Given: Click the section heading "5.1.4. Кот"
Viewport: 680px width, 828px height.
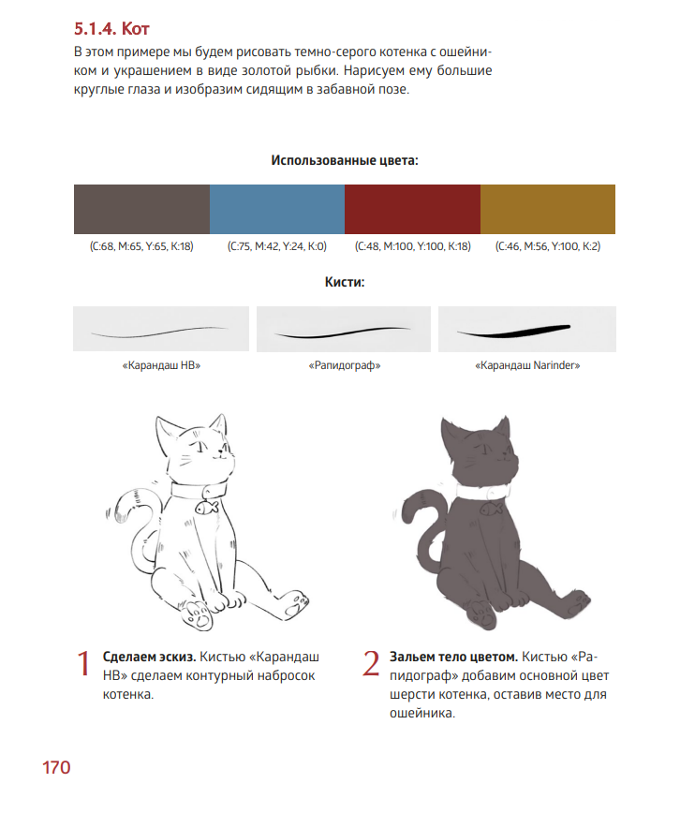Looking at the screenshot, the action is click(x=111, y=28).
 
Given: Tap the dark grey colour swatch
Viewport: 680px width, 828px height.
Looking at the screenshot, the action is click(x=141, y=209).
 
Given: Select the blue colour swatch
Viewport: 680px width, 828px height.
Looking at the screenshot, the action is click(x=277, y=209).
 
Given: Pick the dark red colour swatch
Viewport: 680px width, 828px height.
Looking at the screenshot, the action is click(x=412, y=209).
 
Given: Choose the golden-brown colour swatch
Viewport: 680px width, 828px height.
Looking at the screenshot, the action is click(x=548, y=209).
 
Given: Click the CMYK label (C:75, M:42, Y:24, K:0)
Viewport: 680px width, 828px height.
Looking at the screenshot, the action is click(x=277, y=246).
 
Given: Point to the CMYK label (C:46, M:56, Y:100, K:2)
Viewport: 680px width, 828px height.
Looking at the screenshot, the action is click(x=548, y=246).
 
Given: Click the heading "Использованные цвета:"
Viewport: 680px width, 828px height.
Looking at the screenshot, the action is click(x=345, y=160).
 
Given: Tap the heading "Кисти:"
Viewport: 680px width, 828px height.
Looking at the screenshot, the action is click(x=345, y=282).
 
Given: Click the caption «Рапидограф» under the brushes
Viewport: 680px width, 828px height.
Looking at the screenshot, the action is click(x=345, y=365).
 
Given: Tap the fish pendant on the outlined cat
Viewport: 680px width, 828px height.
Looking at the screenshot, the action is click(x=206, y=508).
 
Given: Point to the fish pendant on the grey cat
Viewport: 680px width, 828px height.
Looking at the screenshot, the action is click(x=491, y=510).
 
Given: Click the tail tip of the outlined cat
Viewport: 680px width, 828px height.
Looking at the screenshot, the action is click(x=110, y=513).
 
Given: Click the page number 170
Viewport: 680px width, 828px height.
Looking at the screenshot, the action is click(x=56, y=767).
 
